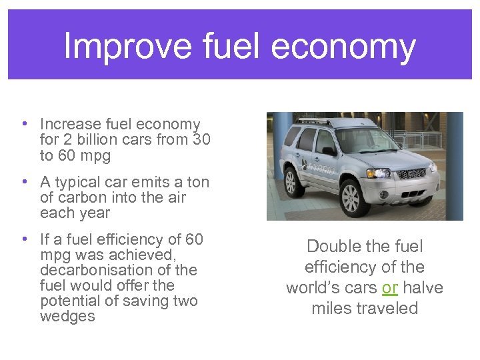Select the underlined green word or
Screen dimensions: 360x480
click(389, 288)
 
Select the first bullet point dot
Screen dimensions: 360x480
click(23, 124)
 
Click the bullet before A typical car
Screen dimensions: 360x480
click(23, 182)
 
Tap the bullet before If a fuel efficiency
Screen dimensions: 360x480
click(23, 239)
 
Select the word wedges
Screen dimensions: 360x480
click(67, 316)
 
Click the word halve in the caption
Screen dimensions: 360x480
click(421, 288)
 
